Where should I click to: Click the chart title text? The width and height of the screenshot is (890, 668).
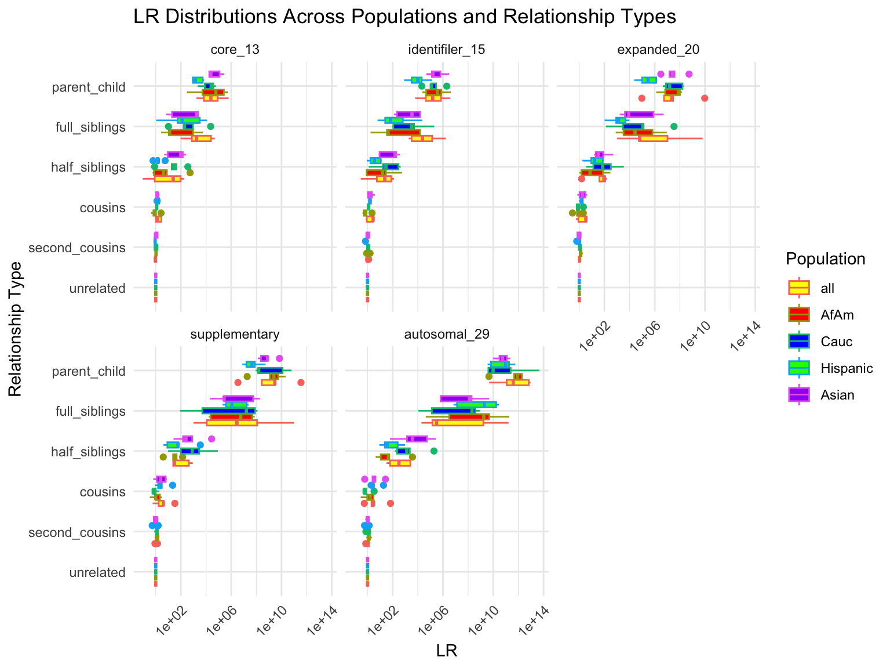(x=404, y=17)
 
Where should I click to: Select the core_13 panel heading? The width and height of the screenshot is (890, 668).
(x=235, y=50)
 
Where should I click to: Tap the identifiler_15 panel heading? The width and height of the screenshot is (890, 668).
(x=446, y=50)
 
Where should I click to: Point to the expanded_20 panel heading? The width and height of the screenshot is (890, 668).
(x=658, y=50)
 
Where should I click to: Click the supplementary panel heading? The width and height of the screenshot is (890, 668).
(x=235, y=335)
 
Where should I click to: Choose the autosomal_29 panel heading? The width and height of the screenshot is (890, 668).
(x=447, y=335)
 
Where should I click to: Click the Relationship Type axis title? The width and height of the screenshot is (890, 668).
(x=16, y=329)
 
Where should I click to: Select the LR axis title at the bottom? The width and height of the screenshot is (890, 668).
(x=447, y=652)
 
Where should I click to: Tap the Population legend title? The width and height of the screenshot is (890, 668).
(x=825, y=259)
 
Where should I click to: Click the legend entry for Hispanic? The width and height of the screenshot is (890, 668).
(x=846, y=368)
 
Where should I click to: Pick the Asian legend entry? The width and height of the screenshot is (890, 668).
(x=837, y=395)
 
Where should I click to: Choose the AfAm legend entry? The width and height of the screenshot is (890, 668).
(x=837, y=315)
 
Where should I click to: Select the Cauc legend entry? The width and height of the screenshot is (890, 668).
(x=836, y=342)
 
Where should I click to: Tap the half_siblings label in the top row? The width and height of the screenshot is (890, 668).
(x=88, y=168)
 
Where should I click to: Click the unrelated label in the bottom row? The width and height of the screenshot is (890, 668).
(x=97, y=573)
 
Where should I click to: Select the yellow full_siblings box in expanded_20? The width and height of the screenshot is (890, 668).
(x=653, y=139)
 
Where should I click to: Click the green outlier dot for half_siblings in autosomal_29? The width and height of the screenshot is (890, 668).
(x=434, y=451)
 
